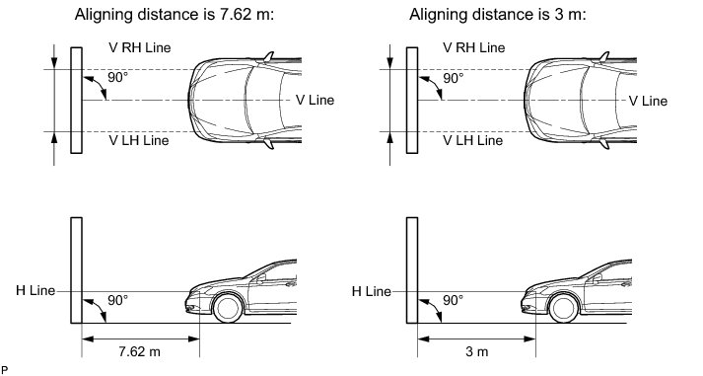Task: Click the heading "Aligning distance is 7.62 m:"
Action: coord(174,15)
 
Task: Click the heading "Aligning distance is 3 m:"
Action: coord(498,15)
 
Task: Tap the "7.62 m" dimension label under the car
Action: coord(139,351)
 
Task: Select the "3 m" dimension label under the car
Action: coord(476,351)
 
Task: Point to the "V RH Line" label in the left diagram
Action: coord(139,47)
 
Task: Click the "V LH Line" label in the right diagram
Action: coord(473,140)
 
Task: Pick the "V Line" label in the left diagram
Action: coord(315,100)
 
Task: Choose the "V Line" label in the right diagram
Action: coord(648,101)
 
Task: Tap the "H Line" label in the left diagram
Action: coord(35,290)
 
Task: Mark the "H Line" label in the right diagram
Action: coord(372,291)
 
